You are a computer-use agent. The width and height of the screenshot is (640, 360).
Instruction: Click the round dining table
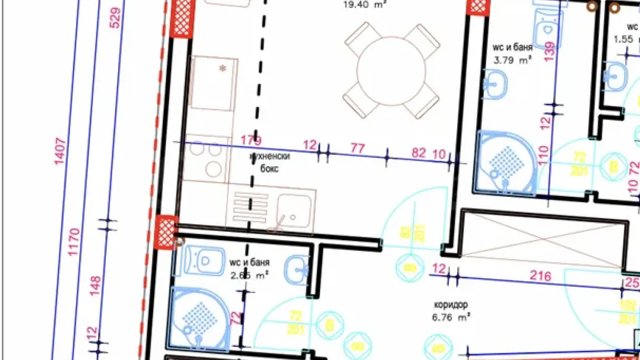(x=392, y=71)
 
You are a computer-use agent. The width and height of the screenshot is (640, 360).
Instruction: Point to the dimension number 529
(x=115, y=18)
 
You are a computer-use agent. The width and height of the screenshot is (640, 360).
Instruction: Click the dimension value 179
(x=251, y=140)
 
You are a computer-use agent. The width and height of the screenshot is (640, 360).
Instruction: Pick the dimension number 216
(x=540, y=276)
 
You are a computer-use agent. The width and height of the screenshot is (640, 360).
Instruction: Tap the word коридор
(x=451, y=305)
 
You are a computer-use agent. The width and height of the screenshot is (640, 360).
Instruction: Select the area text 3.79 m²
(x=512, y=60)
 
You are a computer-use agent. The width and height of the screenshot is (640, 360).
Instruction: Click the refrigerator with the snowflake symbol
(x=212, y=83)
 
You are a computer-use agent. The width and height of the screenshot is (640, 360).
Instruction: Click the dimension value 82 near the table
(x=418, y=153)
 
